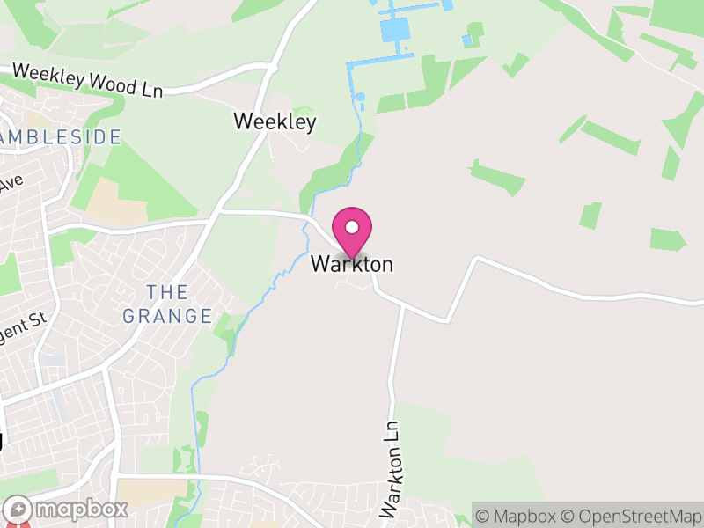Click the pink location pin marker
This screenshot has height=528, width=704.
click(x=352, y=233)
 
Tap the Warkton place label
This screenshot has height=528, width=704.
click(x=352, y=264)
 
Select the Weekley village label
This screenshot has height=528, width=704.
click(x=275, y=121)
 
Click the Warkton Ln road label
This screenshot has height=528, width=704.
click(x=392, y=467)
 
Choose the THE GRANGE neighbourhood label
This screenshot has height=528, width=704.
click(x=167, y=304)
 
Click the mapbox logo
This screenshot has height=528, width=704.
click(x=66, y=510)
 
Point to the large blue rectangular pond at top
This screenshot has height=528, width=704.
click(x=395, y=29)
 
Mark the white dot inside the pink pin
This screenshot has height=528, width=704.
click(x=352, y=228)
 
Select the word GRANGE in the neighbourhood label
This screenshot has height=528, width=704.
click(x=167, y=316)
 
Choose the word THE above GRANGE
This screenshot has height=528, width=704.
click(x=167, y=291)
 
